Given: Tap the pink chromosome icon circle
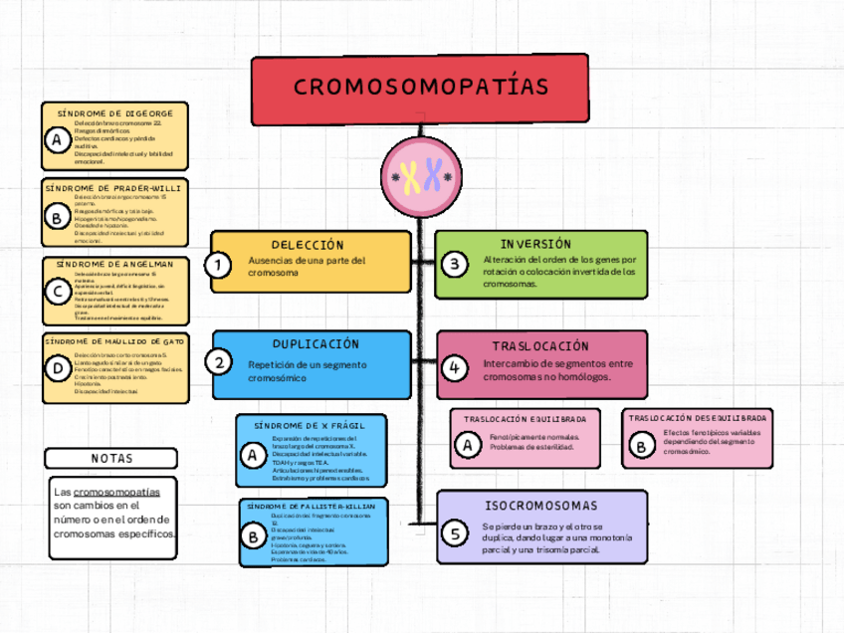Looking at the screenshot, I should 422,179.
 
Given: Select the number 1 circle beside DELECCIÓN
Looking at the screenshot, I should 218,265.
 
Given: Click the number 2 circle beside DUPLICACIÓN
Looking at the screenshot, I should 219,362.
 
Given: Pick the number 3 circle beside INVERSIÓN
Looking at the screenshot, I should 455,265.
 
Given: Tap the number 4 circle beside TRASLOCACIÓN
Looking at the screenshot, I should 454,368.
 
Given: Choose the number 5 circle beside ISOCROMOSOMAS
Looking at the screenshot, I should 455,533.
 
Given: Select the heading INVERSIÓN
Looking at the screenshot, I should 535,244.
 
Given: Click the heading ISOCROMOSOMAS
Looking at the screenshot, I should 541,506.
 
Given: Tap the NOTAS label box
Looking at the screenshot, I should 111,458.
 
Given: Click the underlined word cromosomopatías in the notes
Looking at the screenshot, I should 116,492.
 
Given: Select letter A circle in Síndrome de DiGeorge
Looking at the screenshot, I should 57,141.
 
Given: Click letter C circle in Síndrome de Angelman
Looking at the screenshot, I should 57,291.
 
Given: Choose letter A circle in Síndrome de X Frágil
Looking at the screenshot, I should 251,455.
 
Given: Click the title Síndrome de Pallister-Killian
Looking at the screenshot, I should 311,506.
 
